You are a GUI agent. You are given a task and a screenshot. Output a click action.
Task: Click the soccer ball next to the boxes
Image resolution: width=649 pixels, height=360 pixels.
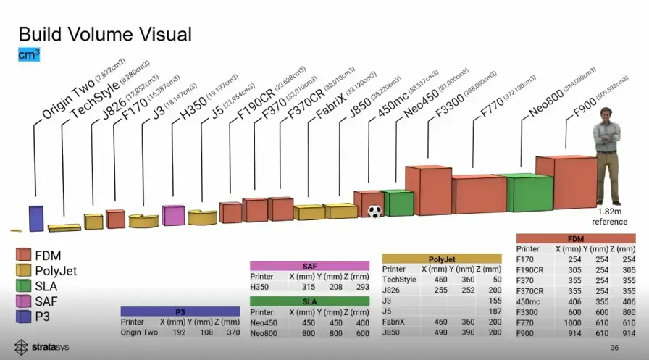click(374, 212)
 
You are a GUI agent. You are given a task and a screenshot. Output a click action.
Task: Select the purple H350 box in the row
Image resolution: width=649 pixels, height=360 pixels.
click(173, 215)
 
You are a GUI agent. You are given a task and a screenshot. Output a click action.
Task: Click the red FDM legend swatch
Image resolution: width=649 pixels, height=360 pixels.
click(23, 255)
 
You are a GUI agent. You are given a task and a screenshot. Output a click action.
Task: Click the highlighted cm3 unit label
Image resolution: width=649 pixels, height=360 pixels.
click(29, 54)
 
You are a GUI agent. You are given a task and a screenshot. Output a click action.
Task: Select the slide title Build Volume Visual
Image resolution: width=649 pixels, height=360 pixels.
click(104, 33)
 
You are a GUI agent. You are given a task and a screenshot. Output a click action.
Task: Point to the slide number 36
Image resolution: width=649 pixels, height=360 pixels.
click(614, 347)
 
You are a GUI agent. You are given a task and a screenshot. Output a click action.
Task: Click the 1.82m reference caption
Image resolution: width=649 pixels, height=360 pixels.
click(610, 217)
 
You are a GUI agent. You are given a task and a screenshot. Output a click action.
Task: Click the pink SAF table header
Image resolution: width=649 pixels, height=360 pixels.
click(309, 267)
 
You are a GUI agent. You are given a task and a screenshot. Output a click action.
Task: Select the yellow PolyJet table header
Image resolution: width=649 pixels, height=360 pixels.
click(442, 259)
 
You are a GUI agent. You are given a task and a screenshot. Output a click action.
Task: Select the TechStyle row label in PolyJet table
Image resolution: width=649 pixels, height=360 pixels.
click(400, 279)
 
